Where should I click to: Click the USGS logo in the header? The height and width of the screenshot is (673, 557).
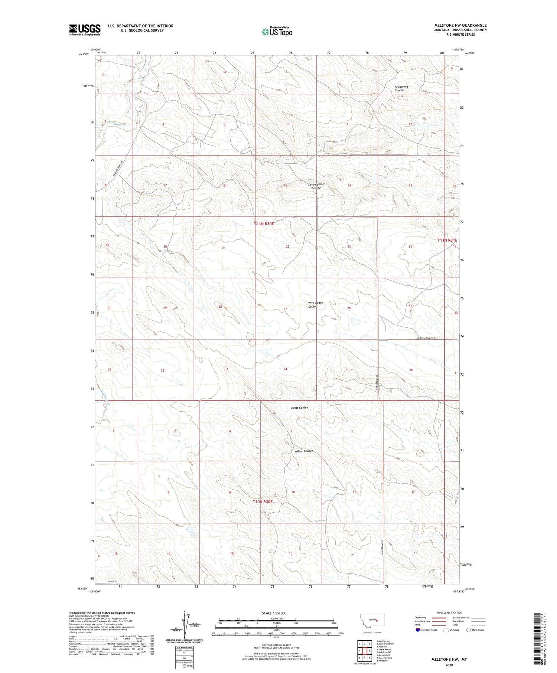(x=85, y=30)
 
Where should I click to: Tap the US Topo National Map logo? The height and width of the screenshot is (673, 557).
(x=277, y=32)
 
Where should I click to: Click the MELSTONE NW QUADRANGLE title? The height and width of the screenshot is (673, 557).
(x=460, y=25)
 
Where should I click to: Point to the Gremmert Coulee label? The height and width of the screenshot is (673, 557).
(x=401, y=88)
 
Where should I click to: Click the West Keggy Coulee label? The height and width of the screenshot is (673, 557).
(x=315, y=305)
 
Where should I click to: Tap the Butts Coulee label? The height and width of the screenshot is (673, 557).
(x=299, y=408)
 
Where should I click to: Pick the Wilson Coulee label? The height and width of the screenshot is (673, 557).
(x=303, y=451)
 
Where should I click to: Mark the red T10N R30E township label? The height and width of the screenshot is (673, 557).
(x=263, y=502)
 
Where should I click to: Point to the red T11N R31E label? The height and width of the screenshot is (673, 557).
(x=447, y=240)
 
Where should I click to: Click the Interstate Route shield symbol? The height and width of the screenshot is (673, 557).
(x=418, y=630)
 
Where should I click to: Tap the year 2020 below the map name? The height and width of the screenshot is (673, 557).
(x=449, y=665)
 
